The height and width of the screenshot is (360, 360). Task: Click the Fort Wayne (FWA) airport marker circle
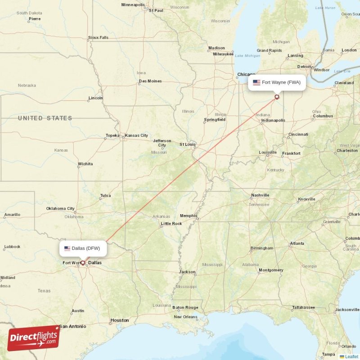[277, 96]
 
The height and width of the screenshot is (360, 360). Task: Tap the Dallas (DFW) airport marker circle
[83, 262]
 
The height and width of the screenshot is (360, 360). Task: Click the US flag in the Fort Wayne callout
[256, 82]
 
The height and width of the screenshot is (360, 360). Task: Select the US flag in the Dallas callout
[67, 248]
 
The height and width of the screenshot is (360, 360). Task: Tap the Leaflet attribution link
[351, 356]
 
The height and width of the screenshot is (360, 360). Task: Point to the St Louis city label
[188, 144]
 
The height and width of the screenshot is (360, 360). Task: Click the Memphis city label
[188, 216]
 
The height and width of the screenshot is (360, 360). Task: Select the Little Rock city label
[171, 224]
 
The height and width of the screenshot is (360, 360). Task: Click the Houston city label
[120, 320]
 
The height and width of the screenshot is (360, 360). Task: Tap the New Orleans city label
[186, 317]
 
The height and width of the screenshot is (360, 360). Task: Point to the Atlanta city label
[297, 243]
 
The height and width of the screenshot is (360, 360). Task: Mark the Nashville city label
[260, 195]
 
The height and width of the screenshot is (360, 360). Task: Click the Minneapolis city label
[133, 5]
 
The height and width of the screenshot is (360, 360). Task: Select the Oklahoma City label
[60, 209]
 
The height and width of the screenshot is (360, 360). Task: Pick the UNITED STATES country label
[45, 118]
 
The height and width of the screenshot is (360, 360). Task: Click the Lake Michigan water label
[247, 56]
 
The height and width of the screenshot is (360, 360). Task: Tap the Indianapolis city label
[274, 120]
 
